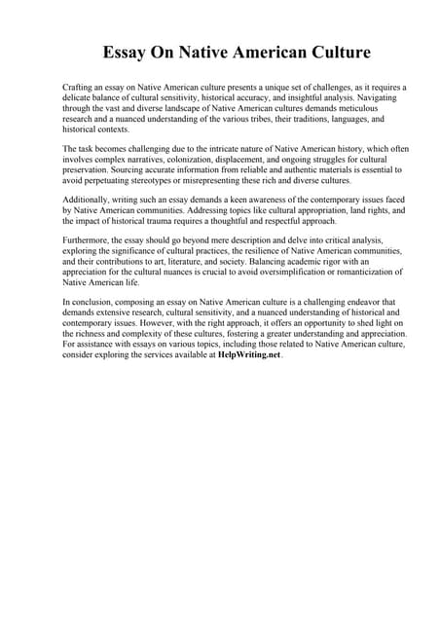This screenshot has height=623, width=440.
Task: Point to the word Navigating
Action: [x=379, y=98]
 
